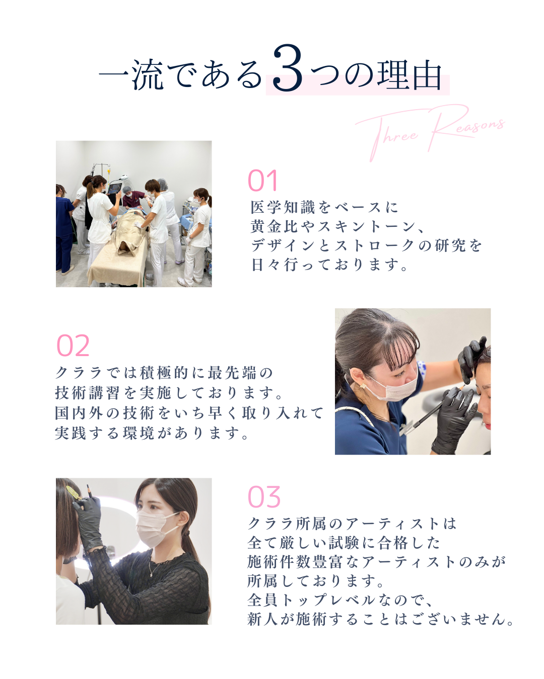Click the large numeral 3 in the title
click(287, 68)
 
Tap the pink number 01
click(262, 181)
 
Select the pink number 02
click(73, 346)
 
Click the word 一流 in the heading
click(131, 75)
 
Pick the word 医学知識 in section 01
click(283, 207)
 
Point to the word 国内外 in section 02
click(79, 413)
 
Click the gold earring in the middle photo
click(363, 386)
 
